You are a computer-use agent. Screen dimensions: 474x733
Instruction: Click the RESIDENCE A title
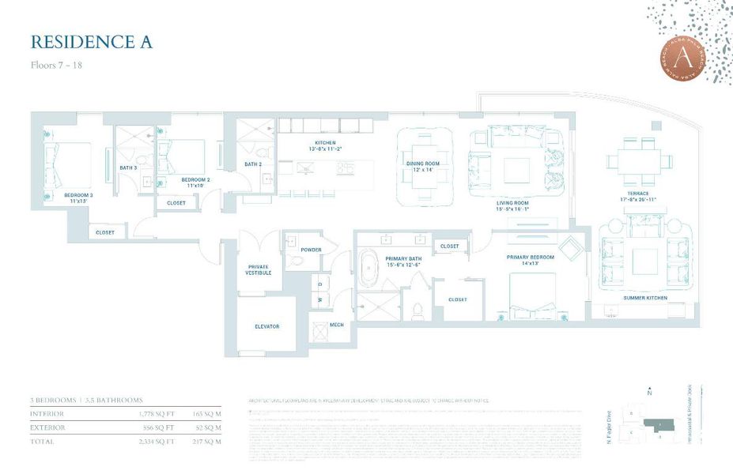tap(91, 42)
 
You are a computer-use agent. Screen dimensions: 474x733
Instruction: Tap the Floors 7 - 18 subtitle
tap(56, 65)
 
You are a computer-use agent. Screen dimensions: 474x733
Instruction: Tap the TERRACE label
tap(639, 194)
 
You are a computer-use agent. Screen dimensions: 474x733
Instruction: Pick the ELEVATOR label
tap(266, 325)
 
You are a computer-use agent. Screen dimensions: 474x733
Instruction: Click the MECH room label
tap(336, 325)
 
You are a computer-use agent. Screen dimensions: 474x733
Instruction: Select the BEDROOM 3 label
tap(78, 197)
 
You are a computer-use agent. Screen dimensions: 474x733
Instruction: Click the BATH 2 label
tap(253, 164)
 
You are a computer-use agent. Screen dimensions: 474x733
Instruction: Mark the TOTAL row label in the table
tap(41, 441)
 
